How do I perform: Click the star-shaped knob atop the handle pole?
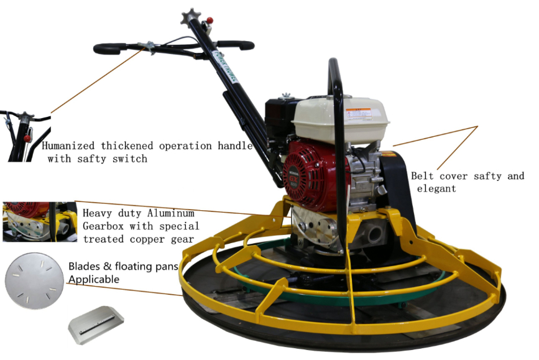pos(191,17)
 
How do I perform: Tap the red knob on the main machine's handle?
pos(210,21)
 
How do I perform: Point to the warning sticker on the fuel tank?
pos(359,114)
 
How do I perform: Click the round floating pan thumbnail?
pos(35,281)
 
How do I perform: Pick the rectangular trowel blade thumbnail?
pos(96,325)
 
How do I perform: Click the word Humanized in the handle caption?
pos(68,145)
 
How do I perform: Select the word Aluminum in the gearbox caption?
pos(171,213)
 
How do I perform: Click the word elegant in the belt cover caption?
pos(436,189)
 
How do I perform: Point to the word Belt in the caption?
pos(422,176)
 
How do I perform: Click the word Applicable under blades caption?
pos(94,279)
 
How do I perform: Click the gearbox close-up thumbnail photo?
pos(40,222)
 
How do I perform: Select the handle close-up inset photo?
pos(25,136)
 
